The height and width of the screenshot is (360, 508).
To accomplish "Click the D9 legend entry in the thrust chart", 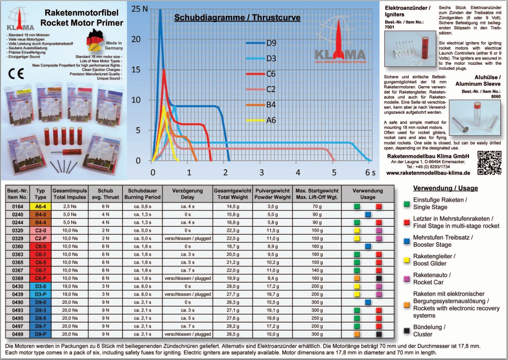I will tap(271, 43).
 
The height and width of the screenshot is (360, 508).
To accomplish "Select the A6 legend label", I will tap(271, 120).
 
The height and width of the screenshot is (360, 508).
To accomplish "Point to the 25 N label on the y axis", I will tap(141, 9).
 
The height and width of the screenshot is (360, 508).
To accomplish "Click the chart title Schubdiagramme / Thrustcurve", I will tap(237, 18).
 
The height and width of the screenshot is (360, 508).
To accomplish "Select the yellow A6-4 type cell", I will tap(40, 206).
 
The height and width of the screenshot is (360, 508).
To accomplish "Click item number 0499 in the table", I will tap(18, 334).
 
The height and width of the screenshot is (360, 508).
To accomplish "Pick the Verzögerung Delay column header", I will tap(187, 194).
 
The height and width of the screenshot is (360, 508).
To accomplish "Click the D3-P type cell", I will tap(40, 294).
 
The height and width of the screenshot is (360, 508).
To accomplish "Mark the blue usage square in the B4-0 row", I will tap(368, 214).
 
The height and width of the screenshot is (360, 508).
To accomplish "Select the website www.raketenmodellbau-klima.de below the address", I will tap(428, 172).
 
